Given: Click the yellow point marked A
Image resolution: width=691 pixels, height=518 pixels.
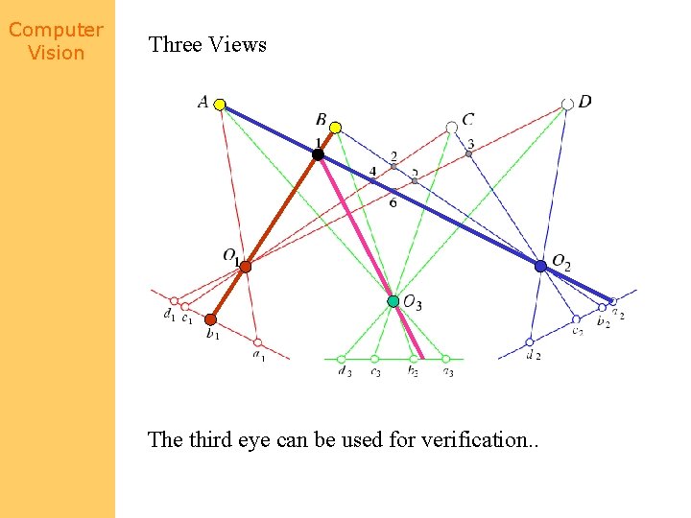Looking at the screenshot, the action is click(220, 105).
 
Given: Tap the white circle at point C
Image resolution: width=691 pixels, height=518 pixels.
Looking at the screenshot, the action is click(452, 127).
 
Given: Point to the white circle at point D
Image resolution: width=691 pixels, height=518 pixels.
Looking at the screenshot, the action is click(567, 104).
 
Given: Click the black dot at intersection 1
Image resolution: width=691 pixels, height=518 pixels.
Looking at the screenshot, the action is click(318, 153).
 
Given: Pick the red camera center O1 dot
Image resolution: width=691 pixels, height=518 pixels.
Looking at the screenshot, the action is click(245, 267).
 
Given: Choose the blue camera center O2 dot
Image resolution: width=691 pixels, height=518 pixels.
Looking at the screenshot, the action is click(541, 266).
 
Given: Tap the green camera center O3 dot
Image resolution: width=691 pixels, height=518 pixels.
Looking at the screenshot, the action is click(393, 301).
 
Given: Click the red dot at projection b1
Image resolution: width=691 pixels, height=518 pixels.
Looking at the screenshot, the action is click(211, 319).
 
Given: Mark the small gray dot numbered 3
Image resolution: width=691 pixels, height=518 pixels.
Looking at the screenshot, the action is click(468, 153).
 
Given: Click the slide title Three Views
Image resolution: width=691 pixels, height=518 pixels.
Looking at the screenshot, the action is click(207, 44).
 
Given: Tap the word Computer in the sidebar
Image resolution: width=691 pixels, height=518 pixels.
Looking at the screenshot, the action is click(56, 30).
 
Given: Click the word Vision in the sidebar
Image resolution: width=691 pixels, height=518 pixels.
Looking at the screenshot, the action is click(56, 53).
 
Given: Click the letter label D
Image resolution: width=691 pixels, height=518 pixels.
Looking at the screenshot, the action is click(585, 102).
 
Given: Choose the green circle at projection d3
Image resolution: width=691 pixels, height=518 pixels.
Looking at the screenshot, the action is click(341, 359).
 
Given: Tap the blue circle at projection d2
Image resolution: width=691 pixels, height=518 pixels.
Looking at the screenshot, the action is click(530, 341).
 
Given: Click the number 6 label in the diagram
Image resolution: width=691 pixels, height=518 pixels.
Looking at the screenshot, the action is click(393, 202).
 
